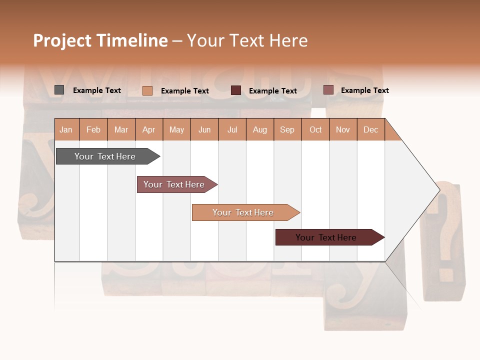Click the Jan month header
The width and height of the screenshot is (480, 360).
coord(66,129)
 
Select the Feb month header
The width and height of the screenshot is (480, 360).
coord(93,129)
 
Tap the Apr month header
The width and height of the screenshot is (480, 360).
coord(148,129)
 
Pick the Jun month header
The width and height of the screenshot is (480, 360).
coord(204,129)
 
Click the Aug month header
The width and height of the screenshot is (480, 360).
coord(259,129)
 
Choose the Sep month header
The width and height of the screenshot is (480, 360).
coord(287,129)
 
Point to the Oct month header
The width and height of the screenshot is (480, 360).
coord(315,129)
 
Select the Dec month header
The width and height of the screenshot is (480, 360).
coord(370,129)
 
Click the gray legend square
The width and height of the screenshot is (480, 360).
coord(59,90)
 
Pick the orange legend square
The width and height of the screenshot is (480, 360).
coord(147,90)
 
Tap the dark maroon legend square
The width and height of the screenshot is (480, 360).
coord(236,90)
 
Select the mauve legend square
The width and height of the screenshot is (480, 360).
coord(328,90)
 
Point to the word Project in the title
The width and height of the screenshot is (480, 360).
coord(62,40)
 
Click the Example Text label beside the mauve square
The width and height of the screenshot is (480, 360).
coord(364,90)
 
